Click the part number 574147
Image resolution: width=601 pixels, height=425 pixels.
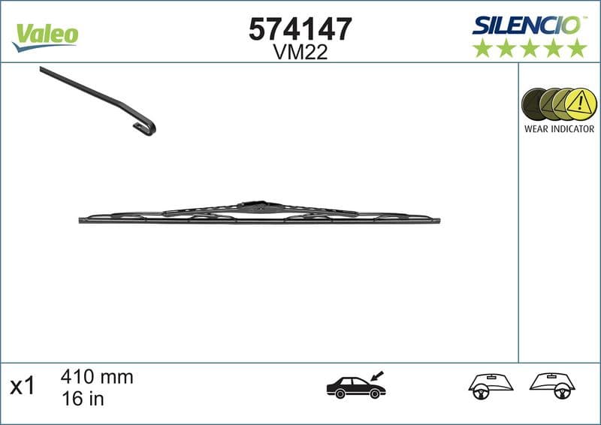coord(300,29)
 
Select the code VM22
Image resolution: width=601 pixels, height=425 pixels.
coord(300,52)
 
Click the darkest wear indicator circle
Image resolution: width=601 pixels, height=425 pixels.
coord(535,104)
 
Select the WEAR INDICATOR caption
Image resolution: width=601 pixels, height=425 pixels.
coord(559,129)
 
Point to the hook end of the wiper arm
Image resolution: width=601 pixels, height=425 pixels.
coord(146,127)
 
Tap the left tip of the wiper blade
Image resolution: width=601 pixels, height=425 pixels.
coord(81,220)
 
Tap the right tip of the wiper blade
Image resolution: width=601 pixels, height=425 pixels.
coord(438,221)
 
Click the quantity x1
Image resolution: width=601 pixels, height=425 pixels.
coord(23,387)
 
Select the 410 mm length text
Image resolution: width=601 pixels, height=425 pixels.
coord(96,377)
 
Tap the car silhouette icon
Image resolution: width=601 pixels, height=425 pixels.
coord(355,387)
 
